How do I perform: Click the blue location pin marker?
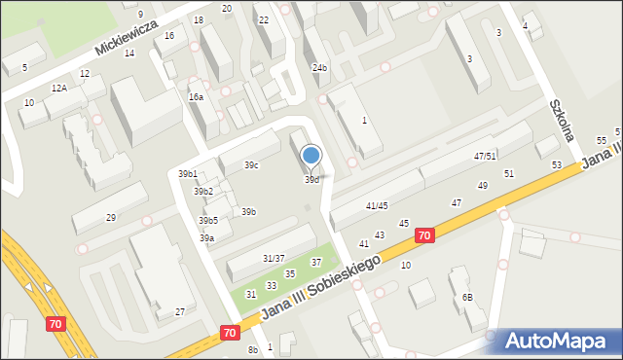click(x=311, y=156)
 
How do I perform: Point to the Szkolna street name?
click(x=562, y=120)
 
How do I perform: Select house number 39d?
click(x=311, y=180)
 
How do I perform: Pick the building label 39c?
click(x=251, y=165)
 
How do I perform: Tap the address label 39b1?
click(x=188, y=174)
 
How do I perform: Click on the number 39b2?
click(x=202, y=192)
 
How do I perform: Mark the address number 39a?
click(x=206, y=238)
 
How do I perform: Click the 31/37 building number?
click(x=274, y=258)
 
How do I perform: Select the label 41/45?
click(x=377, y=206)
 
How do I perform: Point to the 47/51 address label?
click(x=485, y=157)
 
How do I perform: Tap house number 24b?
click(x=319, y=68)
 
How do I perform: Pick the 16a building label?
click(x=196, y=97)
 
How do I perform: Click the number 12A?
click(x=59, y=89)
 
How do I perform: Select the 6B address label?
click(x=467, y=297)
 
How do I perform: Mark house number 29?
click(x=111, y=217)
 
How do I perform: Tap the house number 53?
click(x=557, y=165)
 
